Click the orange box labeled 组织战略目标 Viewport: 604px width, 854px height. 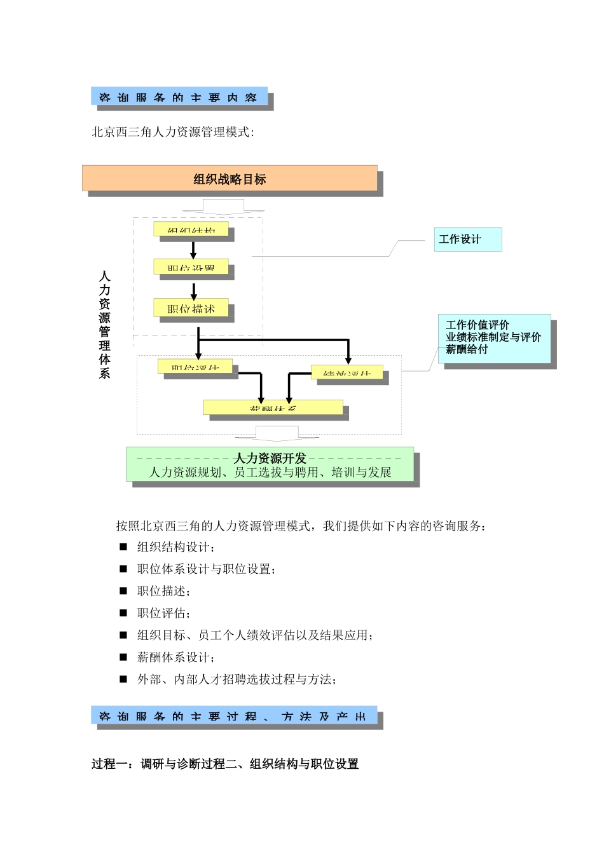point(230,179)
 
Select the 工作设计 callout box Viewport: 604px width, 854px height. point(467,240)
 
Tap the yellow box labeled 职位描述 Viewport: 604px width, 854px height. point(191,309)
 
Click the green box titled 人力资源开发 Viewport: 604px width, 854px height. point(270,464)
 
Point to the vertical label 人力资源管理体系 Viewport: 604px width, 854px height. point(105,324)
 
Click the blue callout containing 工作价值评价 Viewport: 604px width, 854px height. point(493,338)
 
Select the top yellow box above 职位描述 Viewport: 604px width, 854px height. point(191,229)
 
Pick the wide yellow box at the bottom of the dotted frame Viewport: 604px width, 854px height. point(273,407)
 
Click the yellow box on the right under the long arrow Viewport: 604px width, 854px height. point(347,372)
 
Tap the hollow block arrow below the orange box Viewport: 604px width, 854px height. point(223,206)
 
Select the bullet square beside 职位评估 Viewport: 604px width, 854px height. point(123,613)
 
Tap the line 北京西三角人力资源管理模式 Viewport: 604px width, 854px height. point(173,132)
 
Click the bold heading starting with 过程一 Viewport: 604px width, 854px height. point(225,764)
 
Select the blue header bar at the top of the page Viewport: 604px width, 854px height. point(179,97)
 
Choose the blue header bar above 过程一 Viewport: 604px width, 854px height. point(233,715)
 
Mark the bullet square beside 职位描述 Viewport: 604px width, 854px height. point(123,591)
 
